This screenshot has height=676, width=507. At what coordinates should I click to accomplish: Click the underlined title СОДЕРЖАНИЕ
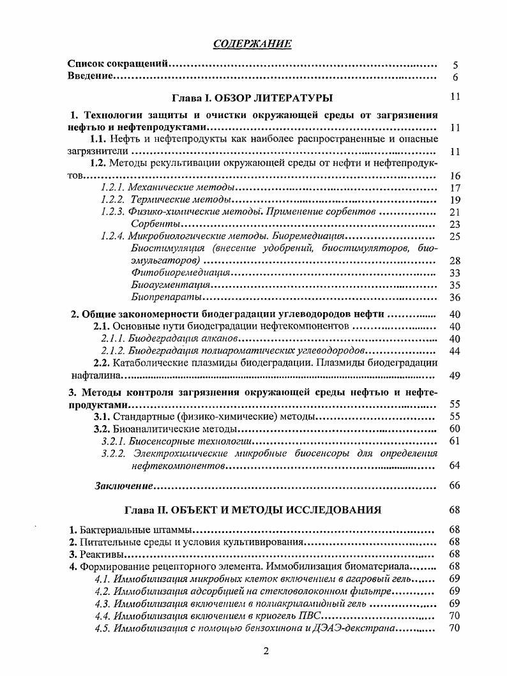253,43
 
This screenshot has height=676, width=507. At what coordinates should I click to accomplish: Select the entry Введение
91,77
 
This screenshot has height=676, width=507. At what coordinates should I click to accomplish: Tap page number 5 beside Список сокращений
455,65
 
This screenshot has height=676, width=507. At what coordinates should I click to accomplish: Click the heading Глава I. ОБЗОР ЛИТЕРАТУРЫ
252,98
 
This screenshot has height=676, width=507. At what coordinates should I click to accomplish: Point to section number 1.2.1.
113,188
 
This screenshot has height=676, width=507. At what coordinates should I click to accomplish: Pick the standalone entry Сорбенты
154,224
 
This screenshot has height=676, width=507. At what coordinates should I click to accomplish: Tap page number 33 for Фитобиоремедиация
455,273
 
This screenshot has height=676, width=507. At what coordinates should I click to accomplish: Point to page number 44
455,351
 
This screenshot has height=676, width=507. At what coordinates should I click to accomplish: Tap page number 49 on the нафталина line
455,375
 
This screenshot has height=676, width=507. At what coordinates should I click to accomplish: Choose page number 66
455,486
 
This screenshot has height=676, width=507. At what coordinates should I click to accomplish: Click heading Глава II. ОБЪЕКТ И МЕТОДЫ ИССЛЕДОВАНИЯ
252,510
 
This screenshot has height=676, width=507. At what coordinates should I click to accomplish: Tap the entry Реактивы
102,554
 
